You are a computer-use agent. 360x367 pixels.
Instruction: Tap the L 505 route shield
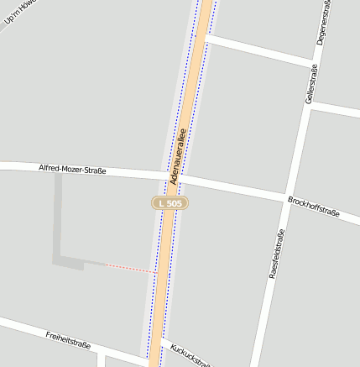(x=170, y=203)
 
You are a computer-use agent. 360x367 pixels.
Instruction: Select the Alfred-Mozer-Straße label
(x=72, y=170)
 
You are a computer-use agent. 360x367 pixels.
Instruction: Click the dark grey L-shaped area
(x=60, y=244)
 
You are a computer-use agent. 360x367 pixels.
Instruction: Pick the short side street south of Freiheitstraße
(x=100, y=360)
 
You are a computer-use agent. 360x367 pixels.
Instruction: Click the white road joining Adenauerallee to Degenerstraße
(x=260, y=50)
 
